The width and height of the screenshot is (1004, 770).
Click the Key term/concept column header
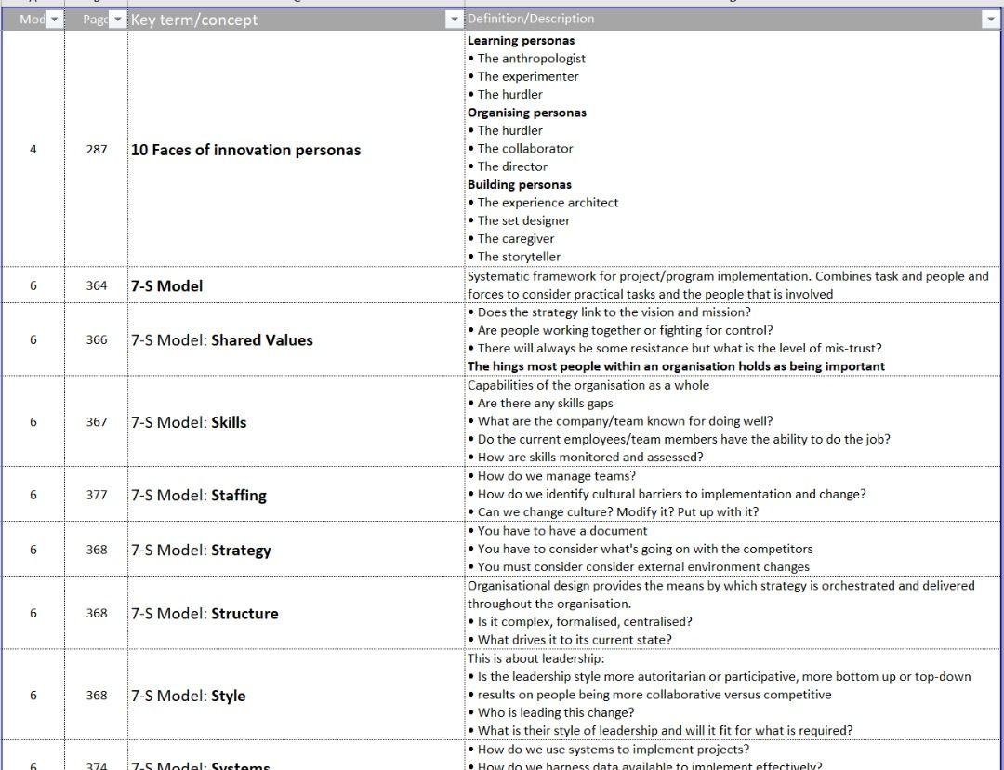[x=194, y=20]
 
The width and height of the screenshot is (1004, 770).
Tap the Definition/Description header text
[x=531, y=19]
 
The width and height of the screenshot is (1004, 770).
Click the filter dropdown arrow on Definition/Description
[x=990, y=20]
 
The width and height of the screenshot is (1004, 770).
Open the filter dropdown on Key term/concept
[x=454, y=20]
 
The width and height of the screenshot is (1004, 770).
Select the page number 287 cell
[x=97, y=149]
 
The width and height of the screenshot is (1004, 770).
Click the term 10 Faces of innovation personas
[x=245, y=150]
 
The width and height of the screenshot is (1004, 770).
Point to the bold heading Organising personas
[x=527, y=113]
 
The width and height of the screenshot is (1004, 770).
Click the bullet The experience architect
[x=548, y=203]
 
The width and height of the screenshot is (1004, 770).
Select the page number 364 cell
[x=97, y=285]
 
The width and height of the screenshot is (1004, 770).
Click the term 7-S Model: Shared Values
[x=222, y=340]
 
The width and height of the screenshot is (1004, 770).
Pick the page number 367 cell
[x=97, y=422]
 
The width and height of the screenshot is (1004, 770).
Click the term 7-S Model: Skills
[x=189, y=422]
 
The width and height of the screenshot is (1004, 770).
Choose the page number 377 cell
[x=97, y=495]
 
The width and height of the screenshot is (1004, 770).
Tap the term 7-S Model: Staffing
[x=199, y=496]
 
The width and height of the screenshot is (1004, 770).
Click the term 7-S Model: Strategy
[x=201, y=550]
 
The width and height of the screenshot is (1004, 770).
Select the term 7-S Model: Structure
[x=205, y=614]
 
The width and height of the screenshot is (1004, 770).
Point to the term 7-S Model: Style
[x=189, y=696]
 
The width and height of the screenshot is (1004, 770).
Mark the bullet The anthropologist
[x=531, y=59]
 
